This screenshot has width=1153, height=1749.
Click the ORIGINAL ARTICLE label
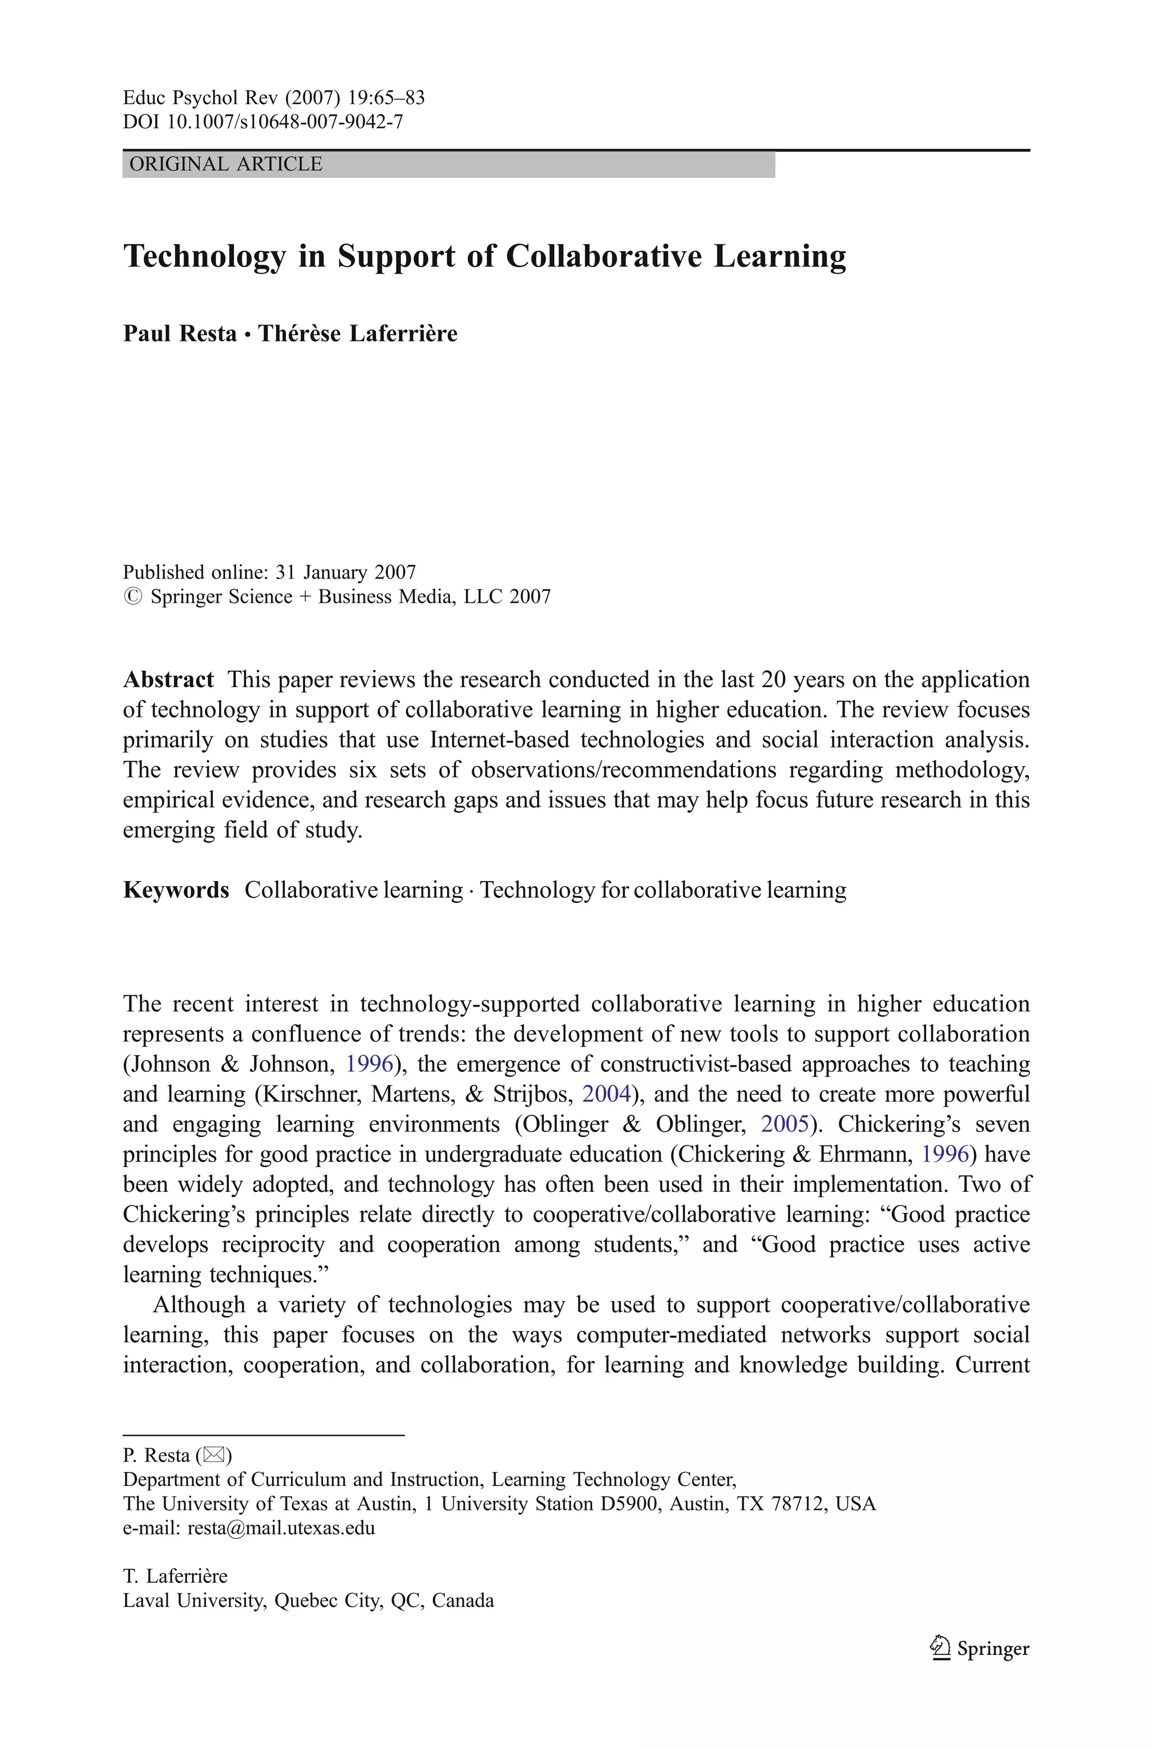pos(226,164)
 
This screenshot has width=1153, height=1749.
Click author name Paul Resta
pos(180,334)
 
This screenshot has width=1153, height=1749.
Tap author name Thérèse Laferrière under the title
pos(357,334)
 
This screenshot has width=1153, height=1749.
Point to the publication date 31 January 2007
pos(346,572)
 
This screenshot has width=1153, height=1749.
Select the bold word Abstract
pos(168,679)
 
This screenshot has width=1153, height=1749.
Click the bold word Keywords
pos(176,890)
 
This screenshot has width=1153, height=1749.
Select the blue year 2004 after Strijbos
pos(607,1094)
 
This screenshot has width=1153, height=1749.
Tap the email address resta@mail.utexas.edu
pos(281,1528)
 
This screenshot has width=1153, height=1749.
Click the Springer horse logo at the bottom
pos(939,1648)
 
